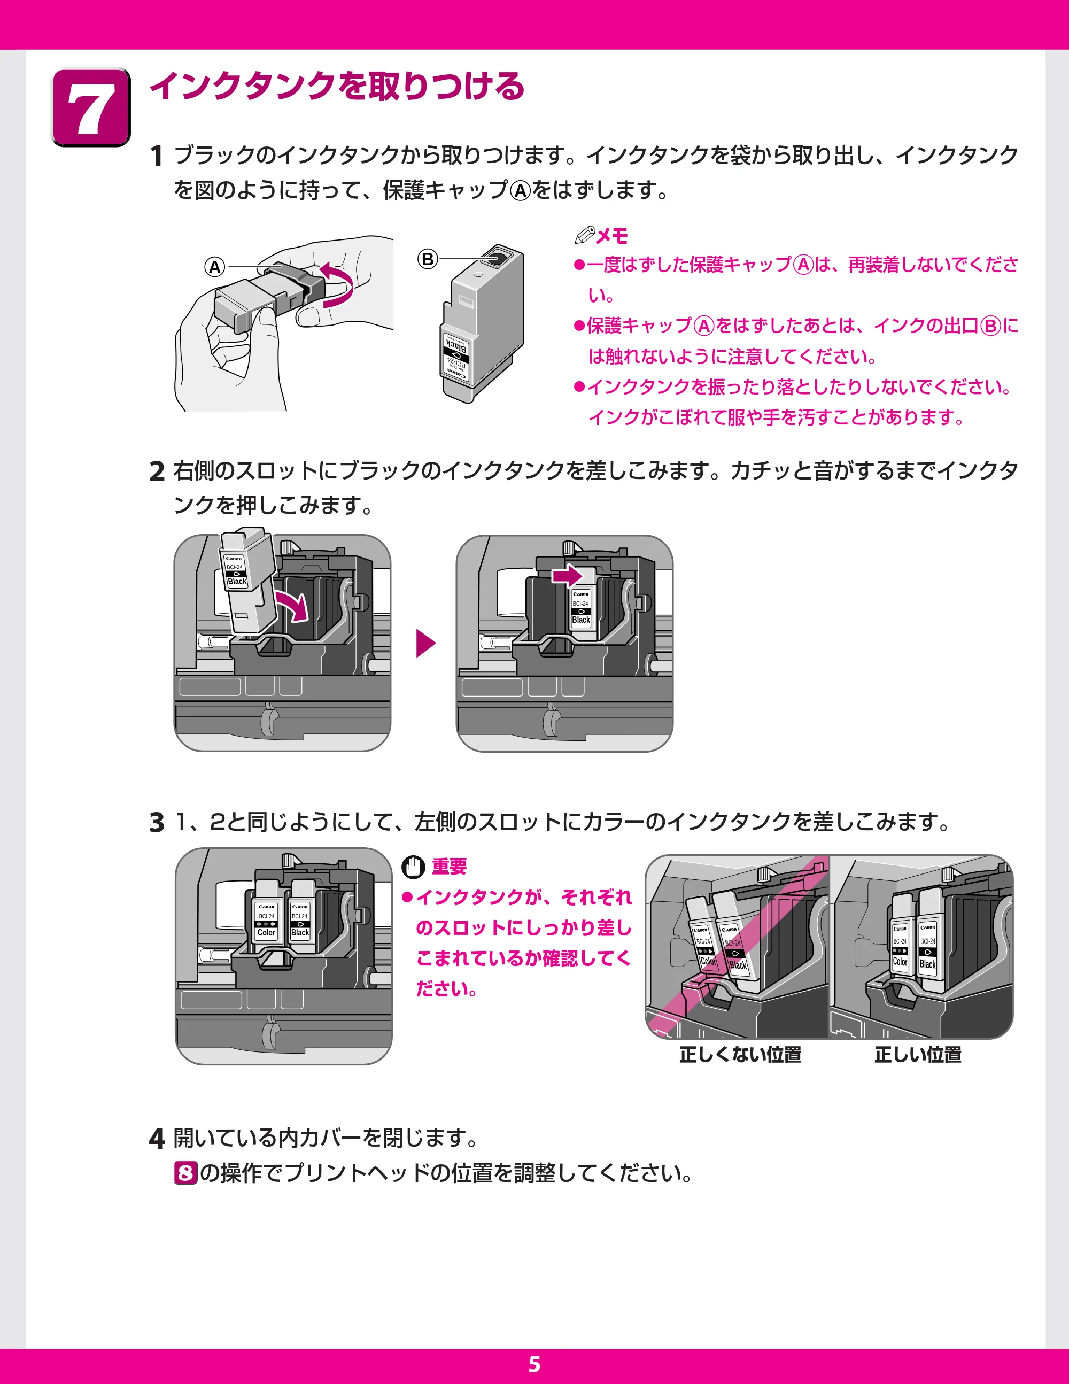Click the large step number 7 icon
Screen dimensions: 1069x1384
[x=91, y=106]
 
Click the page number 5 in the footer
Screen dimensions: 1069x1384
[x=534, y=1364]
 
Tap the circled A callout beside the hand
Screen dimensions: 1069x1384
[x=215, y=267]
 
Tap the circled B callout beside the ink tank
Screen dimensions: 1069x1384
[x=428, y=259]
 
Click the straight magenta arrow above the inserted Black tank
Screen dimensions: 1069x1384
[x=567, y=575]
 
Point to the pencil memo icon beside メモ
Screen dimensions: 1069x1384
[x=584, y=235]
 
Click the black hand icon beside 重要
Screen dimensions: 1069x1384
[x=413, y=867]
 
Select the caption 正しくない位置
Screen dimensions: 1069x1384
[x=740, y=1055]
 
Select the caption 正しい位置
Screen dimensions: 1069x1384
[x=918, y=1055]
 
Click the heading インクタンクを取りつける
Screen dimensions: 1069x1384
[x=337, y=86]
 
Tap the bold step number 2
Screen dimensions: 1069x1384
[x=157, y=471]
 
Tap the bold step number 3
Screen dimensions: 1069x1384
[x=157, y=823]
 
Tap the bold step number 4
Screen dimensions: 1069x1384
[x=157, y=1138]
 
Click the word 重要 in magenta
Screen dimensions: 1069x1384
[x=450, y=866]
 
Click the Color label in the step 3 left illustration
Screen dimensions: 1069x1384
[x=266, y=933]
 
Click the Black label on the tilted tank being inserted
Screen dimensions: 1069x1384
[x=237, y=581]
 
